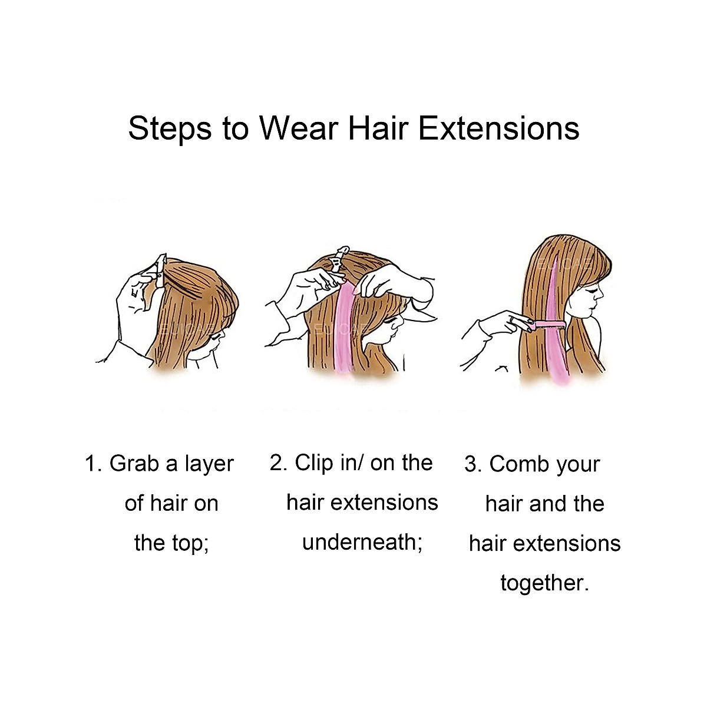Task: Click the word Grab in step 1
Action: click(x=134, y=464)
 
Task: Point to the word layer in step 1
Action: click(x=209, y=465)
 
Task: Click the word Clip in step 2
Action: click(x=314, y=462)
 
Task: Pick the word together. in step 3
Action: click(x=544, y=583)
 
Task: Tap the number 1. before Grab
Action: click(x=94, y=464)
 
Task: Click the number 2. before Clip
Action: click(x=279, y=462)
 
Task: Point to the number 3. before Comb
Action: click(x=473, y=464)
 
